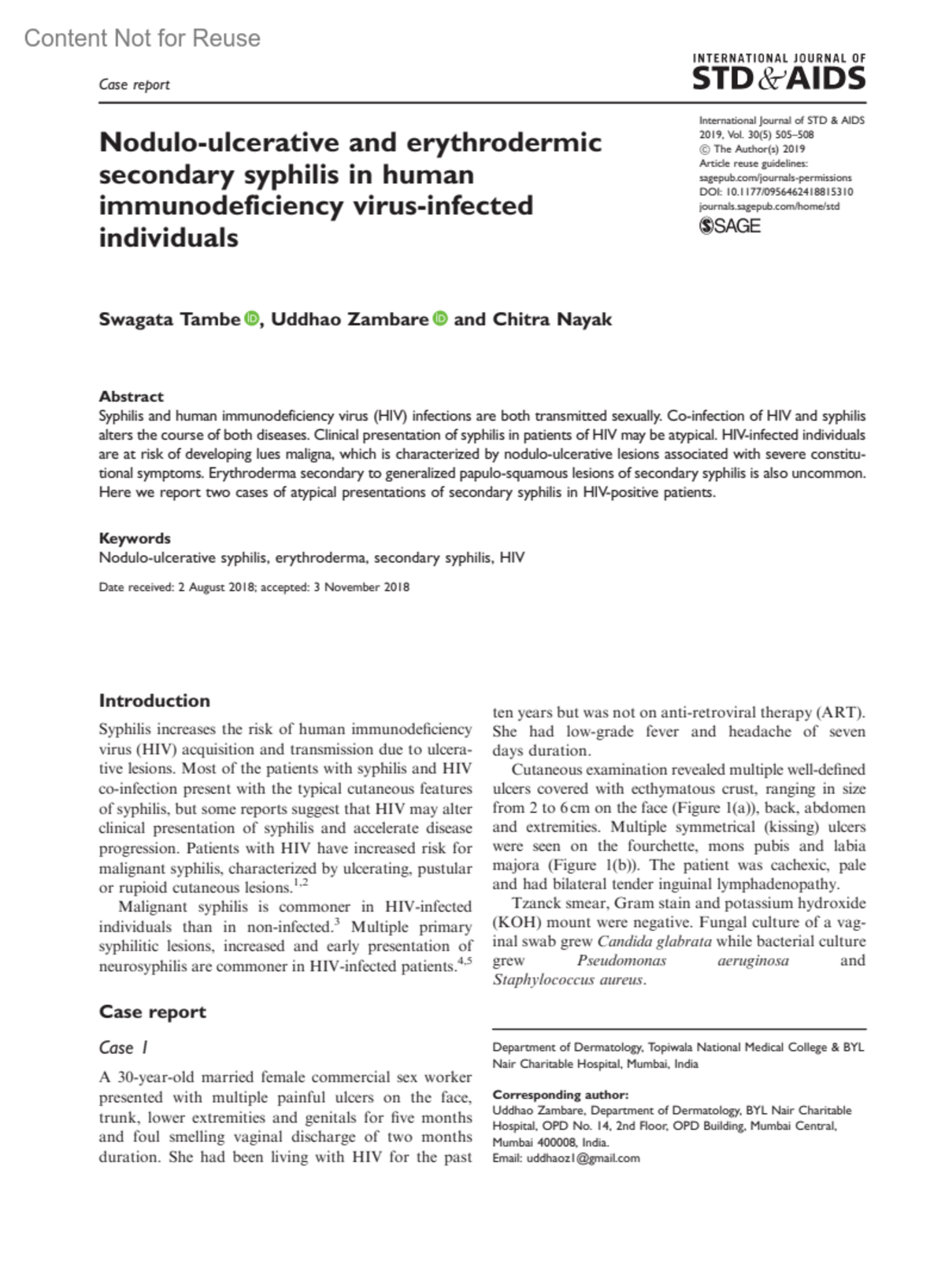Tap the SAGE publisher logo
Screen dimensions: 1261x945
730,227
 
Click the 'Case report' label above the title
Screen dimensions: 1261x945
134,85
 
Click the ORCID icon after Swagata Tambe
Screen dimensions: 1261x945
252,319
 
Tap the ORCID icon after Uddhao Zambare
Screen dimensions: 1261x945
440,319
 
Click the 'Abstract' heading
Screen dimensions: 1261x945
131,396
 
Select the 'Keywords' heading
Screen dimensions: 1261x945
134,538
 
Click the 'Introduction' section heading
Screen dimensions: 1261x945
154,701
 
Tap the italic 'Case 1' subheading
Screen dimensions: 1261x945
124,1048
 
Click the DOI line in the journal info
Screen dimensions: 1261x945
776,192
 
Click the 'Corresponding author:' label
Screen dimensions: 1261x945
560,1094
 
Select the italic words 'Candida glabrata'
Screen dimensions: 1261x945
654,941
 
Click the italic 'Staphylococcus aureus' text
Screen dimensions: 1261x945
568,980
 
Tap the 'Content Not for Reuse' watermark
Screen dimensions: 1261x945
142,38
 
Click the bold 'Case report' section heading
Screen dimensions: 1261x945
152,1012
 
